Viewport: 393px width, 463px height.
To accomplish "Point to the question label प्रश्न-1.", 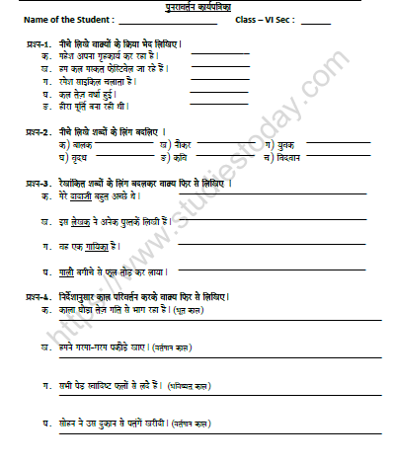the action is (x=39, y=45).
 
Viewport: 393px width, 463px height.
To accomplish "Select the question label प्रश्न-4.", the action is (x=39, y=297).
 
